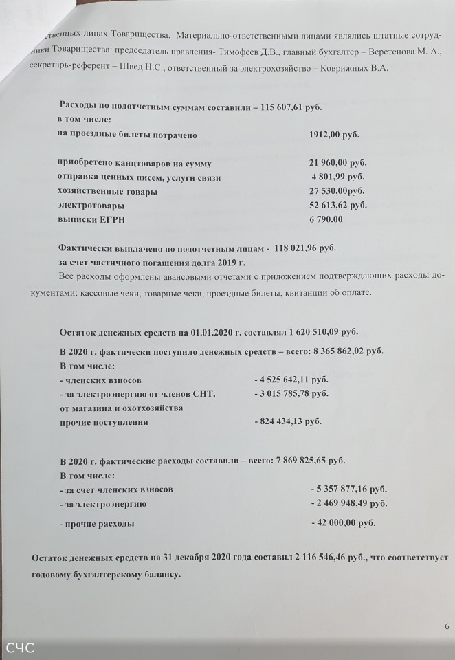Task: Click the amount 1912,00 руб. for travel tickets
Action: click(x=334, y=135)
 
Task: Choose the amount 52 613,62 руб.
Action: click(x=338, y=205)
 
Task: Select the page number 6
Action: click(x=447, y=626)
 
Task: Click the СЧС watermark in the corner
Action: click(x=21, y=648)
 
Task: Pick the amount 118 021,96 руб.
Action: click(x=306, y=247)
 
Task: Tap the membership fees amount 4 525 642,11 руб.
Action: click(x=291, y=379)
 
